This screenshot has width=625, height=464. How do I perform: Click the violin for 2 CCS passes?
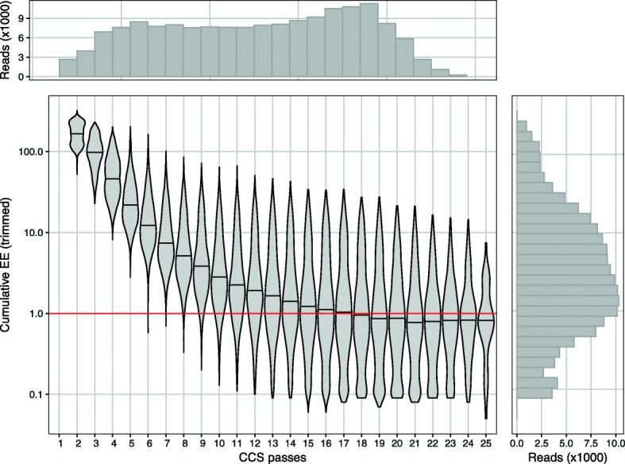point(77,135)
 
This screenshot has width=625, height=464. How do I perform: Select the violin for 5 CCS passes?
point(130,207)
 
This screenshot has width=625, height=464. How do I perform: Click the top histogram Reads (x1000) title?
point(7,41)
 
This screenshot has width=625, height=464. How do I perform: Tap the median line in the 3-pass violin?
point(95,152)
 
